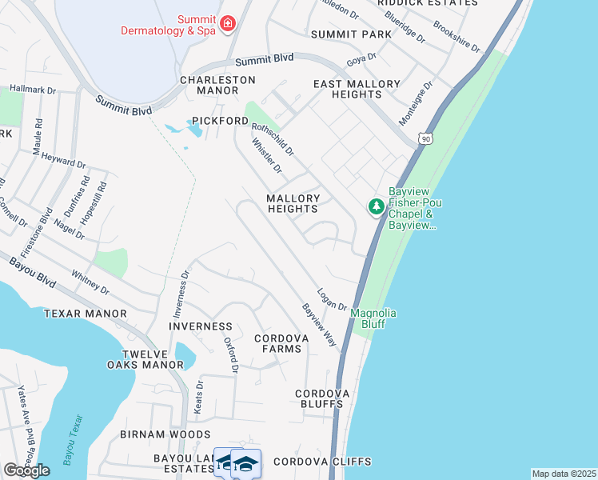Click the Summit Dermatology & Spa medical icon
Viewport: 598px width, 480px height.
click(x=228, y=24)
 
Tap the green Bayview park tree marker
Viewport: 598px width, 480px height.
click(x=376, y=207)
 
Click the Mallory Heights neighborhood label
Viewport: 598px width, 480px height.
click(x=293, y=203)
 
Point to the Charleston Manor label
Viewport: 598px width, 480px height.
click(x=217, y=85)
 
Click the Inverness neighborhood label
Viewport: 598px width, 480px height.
click(x=201, y=326)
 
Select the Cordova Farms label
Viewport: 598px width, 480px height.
click(x=281, y=344)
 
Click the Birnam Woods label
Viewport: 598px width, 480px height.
click(x=165, y=434)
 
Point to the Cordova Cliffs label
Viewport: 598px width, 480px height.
click(x=322, y=462)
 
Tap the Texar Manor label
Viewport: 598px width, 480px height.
click(x=86, y=314)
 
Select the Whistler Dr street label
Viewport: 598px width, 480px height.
click(x=267, y=156)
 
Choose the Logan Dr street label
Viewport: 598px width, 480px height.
click(x=331, y=299)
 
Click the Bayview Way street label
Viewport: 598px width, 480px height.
click(x=318, y=325)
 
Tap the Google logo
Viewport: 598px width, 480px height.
click(x=26, y=470)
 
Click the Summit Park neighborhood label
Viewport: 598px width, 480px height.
click(x=351, y=34)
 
